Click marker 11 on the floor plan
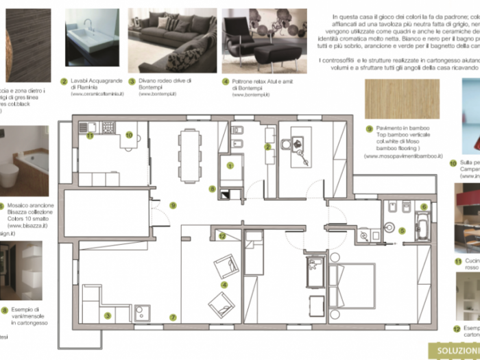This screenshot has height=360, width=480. tap(89, 136)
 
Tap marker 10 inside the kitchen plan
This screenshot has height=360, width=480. tap(128, 135)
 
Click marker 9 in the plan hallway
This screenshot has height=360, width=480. tap(173, 205)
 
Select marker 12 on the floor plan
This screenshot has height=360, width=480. tap(222, 236)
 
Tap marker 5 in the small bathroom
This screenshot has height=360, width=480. tap(403, 231)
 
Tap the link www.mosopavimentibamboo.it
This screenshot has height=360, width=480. tap(403, 156)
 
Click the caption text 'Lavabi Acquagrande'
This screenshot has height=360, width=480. tap(93, 81)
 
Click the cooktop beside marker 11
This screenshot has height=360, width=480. tap(108, 127)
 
